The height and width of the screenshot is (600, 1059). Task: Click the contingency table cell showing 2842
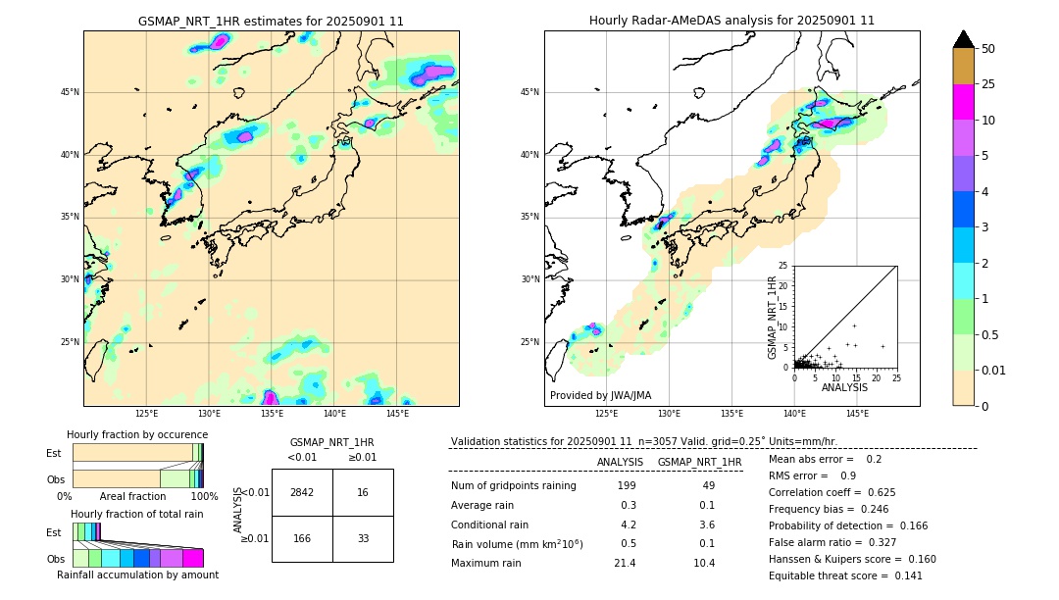pos(302,492)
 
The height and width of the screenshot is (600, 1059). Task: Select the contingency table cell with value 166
pos(302,538)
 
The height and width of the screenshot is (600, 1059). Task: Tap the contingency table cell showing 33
pos(363,538)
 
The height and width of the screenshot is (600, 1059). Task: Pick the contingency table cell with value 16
pos(363,492)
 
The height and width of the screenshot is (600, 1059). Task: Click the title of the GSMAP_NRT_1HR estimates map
pos(271,21)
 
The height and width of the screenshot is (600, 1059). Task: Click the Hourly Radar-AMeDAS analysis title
pos(731,21)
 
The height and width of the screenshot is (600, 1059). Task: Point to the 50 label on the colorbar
pos(988,49)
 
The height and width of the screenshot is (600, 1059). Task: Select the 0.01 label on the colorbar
pos(994,370)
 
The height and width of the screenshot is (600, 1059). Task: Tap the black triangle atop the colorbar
pos(964,39)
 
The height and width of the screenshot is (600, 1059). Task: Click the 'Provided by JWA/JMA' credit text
pos(600,395)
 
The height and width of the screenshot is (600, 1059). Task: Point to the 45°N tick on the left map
pos(70,92)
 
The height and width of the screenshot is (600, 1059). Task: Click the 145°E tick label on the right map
pos(857,414)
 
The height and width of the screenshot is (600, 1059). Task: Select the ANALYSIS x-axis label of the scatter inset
pos(844,387)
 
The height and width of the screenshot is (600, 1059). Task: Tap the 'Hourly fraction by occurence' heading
pos(137,434)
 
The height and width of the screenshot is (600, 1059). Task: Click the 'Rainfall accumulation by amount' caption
pos(137,575)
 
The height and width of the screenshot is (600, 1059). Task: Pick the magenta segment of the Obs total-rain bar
pos(193,558)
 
